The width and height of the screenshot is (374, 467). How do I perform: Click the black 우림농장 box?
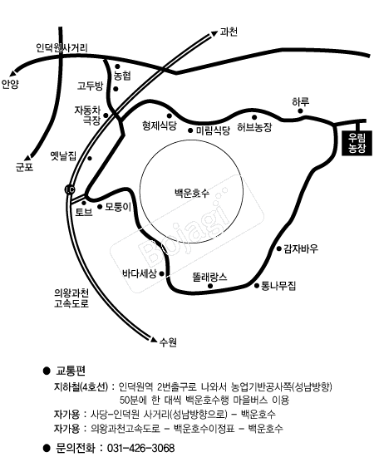coord(357,143)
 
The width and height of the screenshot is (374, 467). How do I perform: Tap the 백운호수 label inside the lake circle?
coord(192,193)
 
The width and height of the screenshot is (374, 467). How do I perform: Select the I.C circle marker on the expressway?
coord(70,189)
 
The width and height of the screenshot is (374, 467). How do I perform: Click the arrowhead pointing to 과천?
coord(214,34)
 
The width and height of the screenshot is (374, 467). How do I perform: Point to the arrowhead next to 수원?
coord(154,340)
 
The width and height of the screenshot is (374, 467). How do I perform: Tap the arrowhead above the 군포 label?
coord(28,158)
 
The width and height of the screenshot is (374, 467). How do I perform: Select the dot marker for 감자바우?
coord(279,248)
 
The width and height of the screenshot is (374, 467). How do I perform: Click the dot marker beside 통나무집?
coord(257,286)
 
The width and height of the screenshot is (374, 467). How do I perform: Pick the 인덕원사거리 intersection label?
coord(62,47)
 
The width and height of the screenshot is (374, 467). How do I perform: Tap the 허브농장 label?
coord(254,127)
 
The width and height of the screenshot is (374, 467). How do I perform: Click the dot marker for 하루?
coord(301,111)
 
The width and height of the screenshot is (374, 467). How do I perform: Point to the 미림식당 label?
coord(214,130)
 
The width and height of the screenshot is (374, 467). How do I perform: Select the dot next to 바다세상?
coord(162,273)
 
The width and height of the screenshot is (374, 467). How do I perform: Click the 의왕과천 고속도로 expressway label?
coord(71,298)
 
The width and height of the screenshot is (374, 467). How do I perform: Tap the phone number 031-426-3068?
coord(140,448)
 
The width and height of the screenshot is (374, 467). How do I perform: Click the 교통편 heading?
coord(71,371)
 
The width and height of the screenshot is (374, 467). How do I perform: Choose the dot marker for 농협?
coord(117,66)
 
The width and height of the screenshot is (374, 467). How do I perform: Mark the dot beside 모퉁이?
coord(100,206)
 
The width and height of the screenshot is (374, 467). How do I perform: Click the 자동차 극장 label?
coord(87,116)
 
